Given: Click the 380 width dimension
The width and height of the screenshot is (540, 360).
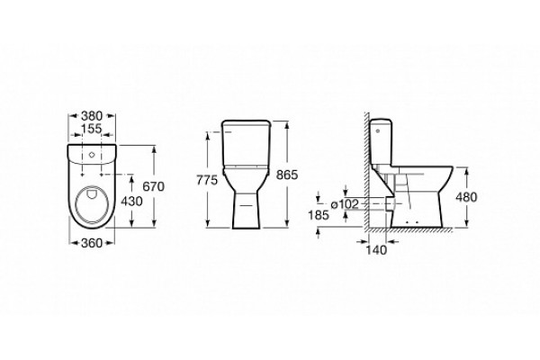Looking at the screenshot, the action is [x=92, y=116].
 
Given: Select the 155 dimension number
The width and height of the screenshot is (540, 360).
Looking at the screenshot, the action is [x=92, y=129].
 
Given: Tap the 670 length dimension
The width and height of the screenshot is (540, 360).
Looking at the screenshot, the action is [x=154, y=186].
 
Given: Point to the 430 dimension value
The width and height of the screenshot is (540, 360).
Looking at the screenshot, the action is [x=131, y=202].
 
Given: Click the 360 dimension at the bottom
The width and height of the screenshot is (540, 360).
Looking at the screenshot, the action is [x=92, y=243].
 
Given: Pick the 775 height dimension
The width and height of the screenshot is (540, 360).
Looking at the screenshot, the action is [x=207, y=180].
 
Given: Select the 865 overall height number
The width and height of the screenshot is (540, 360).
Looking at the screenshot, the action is [x=286, y=175].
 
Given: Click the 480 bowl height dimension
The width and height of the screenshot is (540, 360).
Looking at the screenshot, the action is [x=466, y=197].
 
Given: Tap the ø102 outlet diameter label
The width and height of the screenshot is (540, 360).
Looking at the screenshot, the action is [x=345, y=204].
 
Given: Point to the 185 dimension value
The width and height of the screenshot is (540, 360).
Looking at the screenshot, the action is [x=319, y=215].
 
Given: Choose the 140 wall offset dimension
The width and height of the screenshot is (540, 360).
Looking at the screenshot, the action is [x=376, y=250].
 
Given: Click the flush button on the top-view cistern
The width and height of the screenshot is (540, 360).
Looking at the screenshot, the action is [x=92, y=155].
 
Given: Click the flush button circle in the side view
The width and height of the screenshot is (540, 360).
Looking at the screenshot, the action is [x=379, y=130].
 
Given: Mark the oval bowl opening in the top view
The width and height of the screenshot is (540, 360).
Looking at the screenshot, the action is [x=94, y=205].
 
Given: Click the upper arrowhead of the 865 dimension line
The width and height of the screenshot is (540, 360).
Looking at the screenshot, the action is [x=286, y=124].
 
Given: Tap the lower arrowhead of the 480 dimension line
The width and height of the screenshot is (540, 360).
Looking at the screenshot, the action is [x=466, y=224].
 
